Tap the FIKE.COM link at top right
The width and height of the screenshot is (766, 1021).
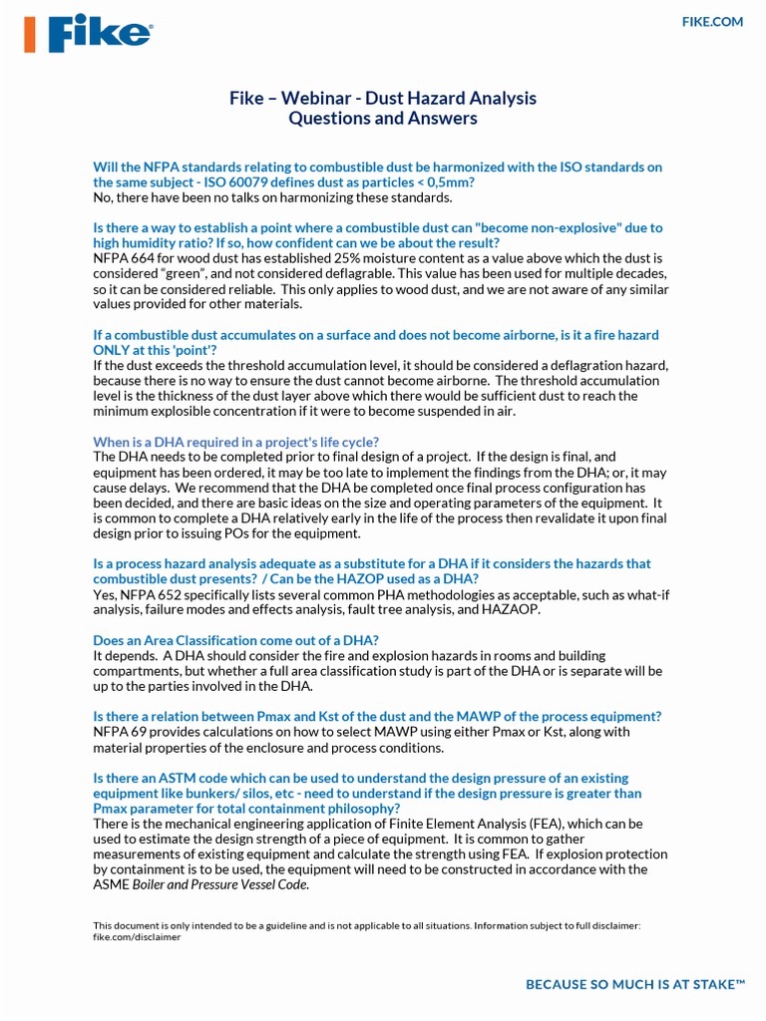pos(712,22)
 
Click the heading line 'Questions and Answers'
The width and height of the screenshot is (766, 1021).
pos(383,119)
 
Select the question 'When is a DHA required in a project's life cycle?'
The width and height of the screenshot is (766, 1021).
pos(235,442)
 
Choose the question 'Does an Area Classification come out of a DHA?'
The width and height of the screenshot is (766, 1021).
pos(235,640)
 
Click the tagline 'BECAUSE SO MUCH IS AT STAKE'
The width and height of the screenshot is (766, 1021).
pos(635,985)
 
